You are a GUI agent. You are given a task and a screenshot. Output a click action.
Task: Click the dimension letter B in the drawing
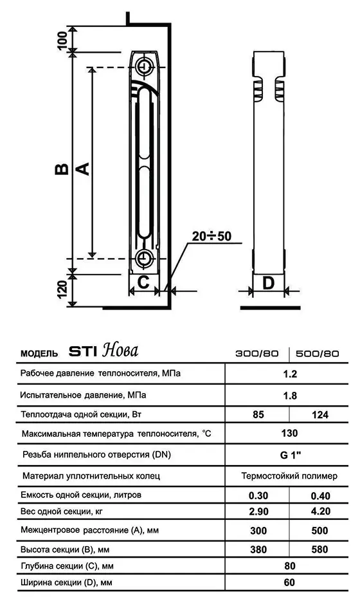(61, 169)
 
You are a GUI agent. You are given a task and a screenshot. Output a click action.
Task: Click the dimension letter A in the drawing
(82, 169)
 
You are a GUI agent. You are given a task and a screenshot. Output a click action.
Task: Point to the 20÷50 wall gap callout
(211, 236)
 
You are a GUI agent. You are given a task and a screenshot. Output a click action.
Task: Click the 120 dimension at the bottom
(62, 290)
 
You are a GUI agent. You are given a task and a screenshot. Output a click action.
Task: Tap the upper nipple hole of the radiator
(144, 67)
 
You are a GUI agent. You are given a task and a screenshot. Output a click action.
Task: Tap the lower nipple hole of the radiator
(144, 257)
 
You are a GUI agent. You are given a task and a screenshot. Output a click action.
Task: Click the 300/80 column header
(257, 353)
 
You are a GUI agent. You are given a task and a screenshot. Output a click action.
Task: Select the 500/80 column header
(318, 353)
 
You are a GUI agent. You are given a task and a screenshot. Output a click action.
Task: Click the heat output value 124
(318, 415)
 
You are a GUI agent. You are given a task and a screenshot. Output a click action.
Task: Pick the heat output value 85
(258, 415)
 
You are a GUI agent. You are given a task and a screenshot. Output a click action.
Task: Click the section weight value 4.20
(318, 513)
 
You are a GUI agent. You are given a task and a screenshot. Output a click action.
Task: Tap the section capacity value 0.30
(258, 496)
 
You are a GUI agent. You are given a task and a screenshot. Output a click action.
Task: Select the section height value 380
(258, 549)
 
